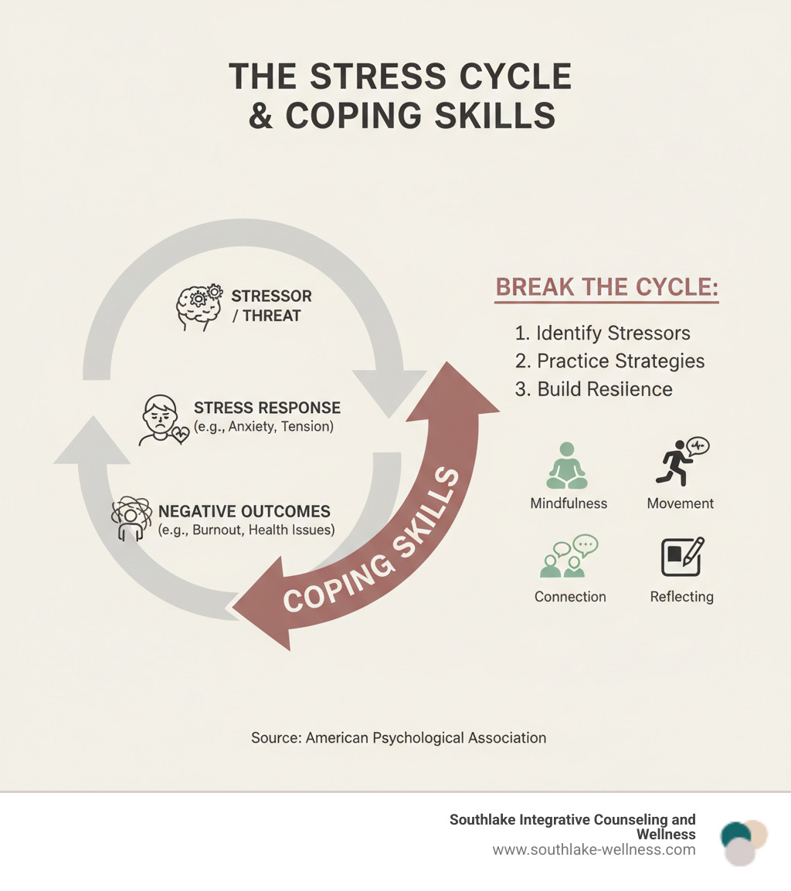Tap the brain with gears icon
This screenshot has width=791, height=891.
pos(199,305)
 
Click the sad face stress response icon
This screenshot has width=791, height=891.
pos(162,422)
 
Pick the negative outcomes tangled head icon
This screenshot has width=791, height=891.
pos(131,520)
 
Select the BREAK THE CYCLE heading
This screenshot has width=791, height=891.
pos(606,287)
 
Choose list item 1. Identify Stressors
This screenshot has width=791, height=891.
pos(603,334)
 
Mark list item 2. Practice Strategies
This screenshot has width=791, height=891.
pos(609,361)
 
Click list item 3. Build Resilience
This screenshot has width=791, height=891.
pos(593,389)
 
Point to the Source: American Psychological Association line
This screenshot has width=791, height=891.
pos(399,738)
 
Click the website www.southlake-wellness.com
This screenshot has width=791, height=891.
pos(593,850)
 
